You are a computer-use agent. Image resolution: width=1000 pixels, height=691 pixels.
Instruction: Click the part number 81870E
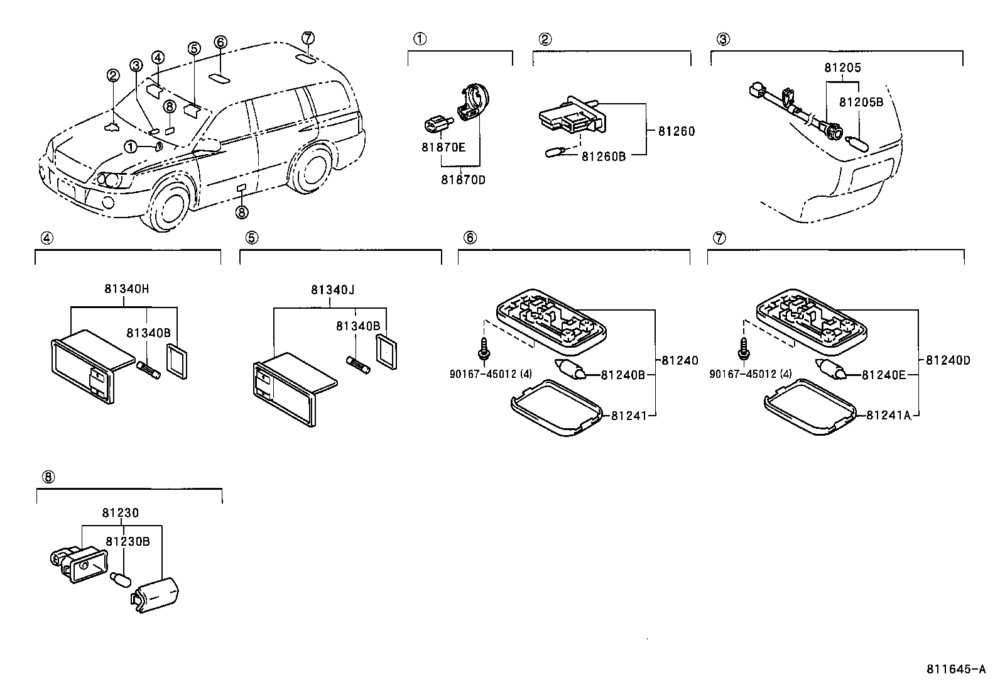443,148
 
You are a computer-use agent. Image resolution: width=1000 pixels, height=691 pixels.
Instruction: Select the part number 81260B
603,156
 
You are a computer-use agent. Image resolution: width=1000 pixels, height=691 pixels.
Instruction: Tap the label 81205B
861,102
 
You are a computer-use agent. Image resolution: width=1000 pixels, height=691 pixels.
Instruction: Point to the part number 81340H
127,289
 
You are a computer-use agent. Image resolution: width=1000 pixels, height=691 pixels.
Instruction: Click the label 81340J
332,290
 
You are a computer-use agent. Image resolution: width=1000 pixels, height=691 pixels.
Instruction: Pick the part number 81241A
888,415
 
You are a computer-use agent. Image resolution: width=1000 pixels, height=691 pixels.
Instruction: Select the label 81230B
127,541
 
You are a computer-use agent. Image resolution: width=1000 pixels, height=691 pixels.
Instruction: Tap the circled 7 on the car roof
307,38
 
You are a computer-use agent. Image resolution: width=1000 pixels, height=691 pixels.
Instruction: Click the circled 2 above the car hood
112,76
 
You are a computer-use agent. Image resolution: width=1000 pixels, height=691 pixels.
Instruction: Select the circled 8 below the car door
242,213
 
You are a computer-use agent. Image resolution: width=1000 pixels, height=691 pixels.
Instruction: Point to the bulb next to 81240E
831,370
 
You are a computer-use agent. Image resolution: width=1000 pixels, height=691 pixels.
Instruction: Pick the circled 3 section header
723,39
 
